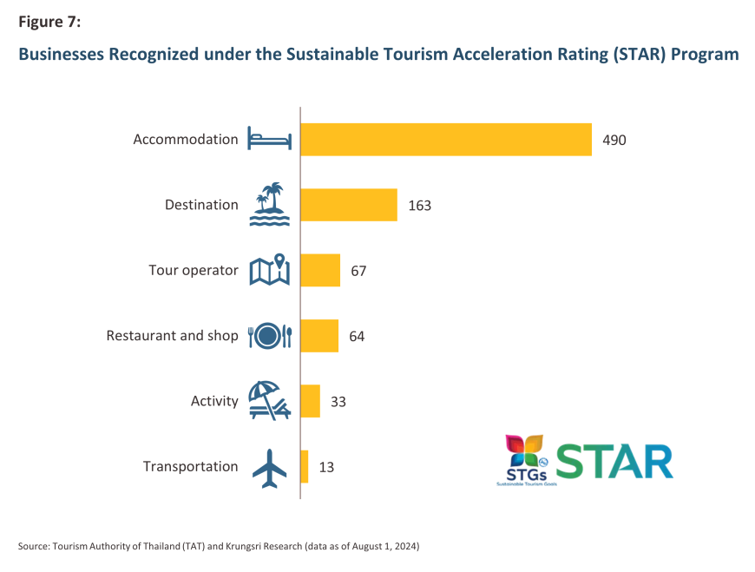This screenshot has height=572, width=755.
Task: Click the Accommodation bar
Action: coord(446,139)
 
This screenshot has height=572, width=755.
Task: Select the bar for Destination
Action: coord(349,205)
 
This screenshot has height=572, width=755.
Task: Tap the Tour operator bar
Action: coord(320,270)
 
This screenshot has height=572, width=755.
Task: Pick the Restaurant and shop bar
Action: coord(319,336)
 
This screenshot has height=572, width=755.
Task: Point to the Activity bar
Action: coord(311,401)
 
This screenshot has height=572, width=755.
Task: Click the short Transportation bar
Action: coord(305,466)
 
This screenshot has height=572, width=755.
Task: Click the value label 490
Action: coord(614,140)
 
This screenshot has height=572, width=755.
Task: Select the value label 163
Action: coord(419,206)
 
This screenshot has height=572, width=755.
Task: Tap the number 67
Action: coord(359,271)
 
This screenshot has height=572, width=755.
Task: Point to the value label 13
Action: coord(326,467)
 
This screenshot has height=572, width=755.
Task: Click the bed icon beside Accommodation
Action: coord(270,139)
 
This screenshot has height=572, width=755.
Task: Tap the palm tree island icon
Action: coord(270,204)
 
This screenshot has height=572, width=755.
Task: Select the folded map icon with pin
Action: coord(270,270)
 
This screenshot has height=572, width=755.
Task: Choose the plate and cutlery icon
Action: coord(270,336)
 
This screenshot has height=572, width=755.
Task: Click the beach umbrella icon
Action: coord(269,401)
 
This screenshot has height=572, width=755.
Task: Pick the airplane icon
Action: coord(269,467)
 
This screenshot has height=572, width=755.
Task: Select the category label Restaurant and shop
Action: coord(172,336)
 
